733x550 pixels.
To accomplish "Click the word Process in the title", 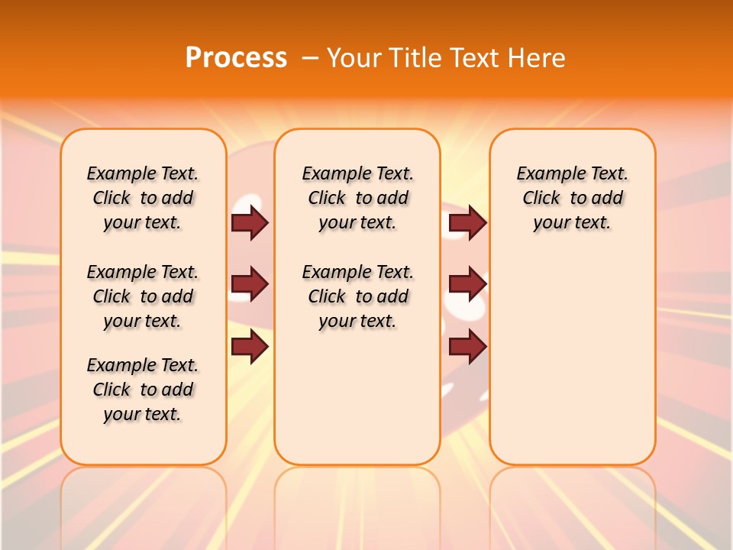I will [236, 58].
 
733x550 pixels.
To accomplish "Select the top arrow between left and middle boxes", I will [249, 223].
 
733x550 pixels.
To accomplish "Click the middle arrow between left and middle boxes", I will [249, 284].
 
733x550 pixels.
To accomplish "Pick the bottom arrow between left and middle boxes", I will [249, 347].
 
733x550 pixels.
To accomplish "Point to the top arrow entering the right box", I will [467, 223].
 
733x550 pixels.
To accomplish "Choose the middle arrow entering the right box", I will [467, 284].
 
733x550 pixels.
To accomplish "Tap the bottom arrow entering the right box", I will [467, 347].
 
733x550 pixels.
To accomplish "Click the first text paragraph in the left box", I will [143, 198].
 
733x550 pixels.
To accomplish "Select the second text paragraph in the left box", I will [143, 296].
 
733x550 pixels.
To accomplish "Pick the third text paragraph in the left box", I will [143, 390].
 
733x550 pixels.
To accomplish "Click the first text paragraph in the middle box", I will [357, 198].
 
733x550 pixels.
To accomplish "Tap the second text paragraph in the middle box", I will [357, 296].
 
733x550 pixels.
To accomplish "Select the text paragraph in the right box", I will [572, 198].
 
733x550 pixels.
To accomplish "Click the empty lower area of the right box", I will [572, 359].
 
